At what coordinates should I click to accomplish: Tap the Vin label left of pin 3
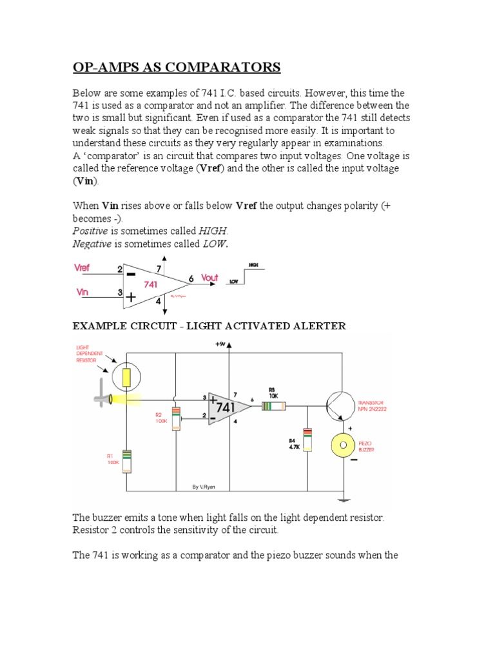point(82,292)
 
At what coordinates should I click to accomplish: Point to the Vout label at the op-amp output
point(209,278)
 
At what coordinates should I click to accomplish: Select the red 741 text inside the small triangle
point(150,284)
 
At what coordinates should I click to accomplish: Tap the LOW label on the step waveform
point(234,281)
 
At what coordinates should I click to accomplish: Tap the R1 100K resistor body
point(126,461)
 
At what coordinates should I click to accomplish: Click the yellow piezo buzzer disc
point(343,444)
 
